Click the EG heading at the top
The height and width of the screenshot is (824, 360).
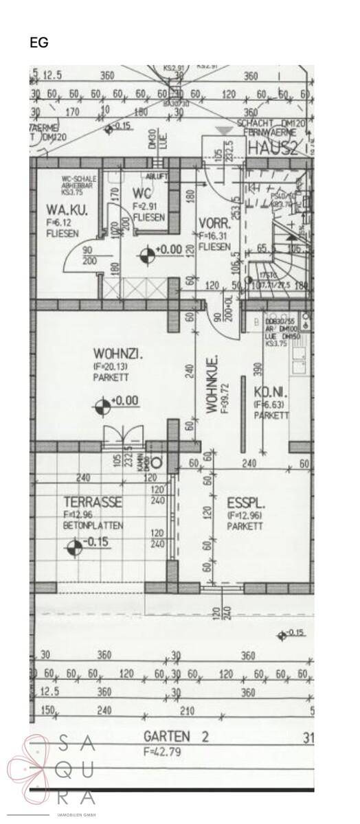[x=38, y=43]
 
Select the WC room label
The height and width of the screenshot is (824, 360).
[x=142, y=194]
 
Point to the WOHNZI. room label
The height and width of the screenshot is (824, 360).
[x=117, y=354]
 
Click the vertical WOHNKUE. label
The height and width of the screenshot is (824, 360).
[x=212, y=385]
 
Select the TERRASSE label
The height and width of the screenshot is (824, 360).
[x=93, y=502]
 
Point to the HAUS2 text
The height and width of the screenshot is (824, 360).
[x=272, y=147]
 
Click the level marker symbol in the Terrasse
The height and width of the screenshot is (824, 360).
[x=73, y=548]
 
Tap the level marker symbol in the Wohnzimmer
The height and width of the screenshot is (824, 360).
[x=102, y=406]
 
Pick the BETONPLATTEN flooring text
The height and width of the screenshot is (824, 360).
[x=94, y=525]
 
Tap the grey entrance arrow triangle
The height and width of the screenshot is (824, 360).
[x=223, y=130]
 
